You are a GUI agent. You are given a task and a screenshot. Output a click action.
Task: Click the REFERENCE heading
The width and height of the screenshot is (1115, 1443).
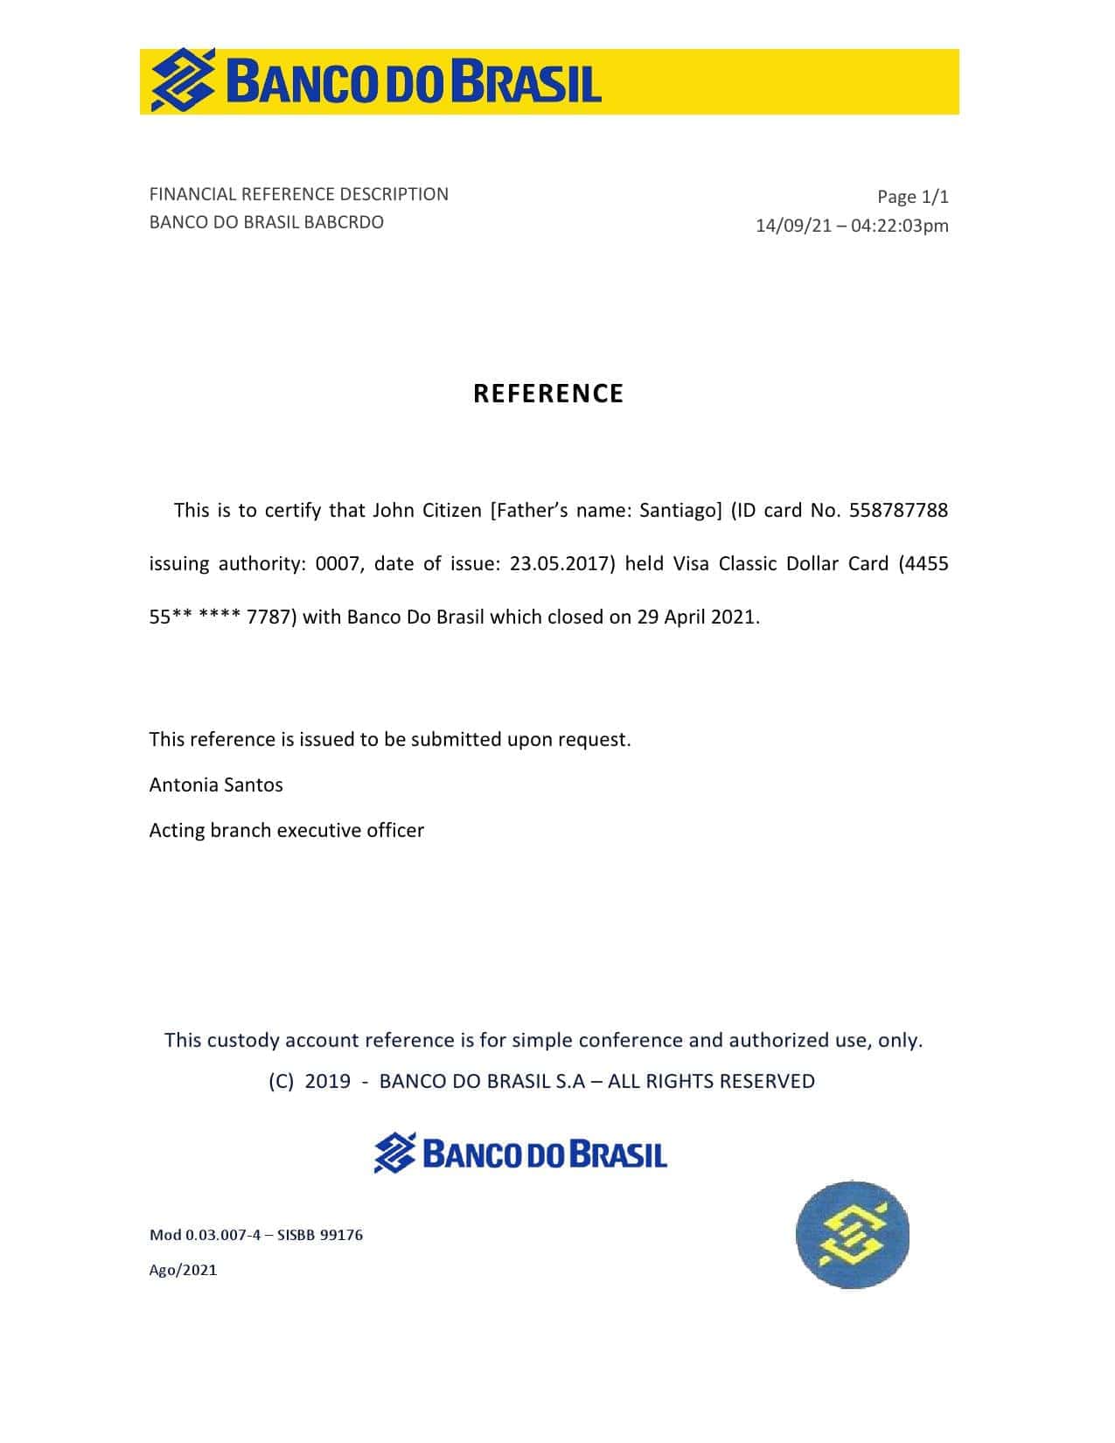(548, 394)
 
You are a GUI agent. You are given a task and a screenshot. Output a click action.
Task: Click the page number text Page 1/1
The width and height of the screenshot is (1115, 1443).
(912, 197)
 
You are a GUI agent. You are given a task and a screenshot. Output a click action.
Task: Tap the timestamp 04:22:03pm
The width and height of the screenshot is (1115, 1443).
(899, 226)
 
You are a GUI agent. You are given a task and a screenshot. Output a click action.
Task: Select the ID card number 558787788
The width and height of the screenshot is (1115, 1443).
(898, 510)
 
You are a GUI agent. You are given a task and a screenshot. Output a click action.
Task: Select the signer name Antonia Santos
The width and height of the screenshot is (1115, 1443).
(216, 784)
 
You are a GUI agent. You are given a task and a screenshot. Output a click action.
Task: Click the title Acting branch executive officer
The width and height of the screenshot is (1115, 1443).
(286, 830)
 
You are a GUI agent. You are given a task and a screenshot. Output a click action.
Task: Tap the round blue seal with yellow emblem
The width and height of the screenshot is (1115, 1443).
(852, 1235)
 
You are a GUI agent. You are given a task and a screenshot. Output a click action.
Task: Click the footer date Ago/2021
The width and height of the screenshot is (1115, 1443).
(183, 1270)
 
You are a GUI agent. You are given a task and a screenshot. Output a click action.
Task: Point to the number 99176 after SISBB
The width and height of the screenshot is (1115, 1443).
(341, 1235)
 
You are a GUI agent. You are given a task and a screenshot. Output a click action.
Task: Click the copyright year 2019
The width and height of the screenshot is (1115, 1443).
(327, 1081)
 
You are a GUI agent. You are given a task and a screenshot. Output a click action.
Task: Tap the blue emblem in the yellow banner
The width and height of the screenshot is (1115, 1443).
(183, 80)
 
